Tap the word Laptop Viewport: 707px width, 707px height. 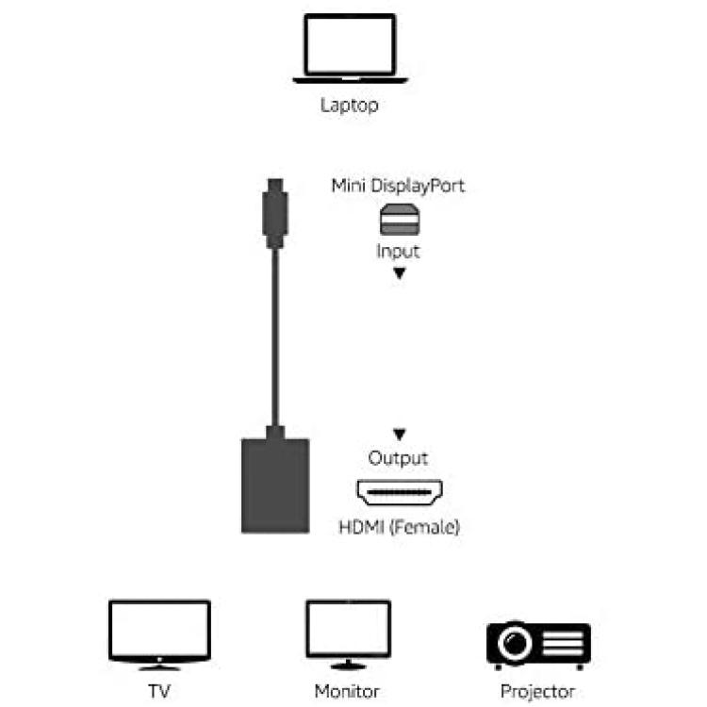(x=350, y=106)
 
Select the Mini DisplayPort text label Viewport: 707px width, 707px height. (x=398, y=187)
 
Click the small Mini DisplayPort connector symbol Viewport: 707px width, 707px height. (x=400, y=220)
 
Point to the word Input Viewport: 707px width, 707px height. (x=398, y=251)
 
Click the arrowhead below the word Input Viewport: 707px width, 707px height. (x=400, y=273)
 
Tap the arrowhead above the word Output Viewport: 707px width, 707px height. (x=400, y=435)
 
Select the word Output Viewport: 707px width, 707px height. (x=398, y=458)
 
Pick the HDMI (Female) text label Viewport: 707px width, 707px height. (x=400, y=527)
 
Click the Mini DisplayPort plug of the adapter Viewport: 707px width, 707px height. (x=275, y=213)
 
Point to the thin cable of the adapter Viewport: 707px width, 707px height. (x=275, y=337)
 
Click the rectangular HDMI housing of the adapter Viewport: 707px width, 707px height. (x=275, y=485)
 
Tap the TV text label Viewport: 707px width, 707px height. (x=159, y=691)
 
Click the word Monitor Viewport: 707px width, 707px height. (x=347, y=691)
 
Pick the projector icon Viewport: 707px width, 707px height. (x=539, y=646)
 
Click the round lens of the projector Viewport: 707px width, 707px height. (x=515, y=642)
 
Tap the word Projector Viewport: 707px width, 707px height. (x=538, y=692)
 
